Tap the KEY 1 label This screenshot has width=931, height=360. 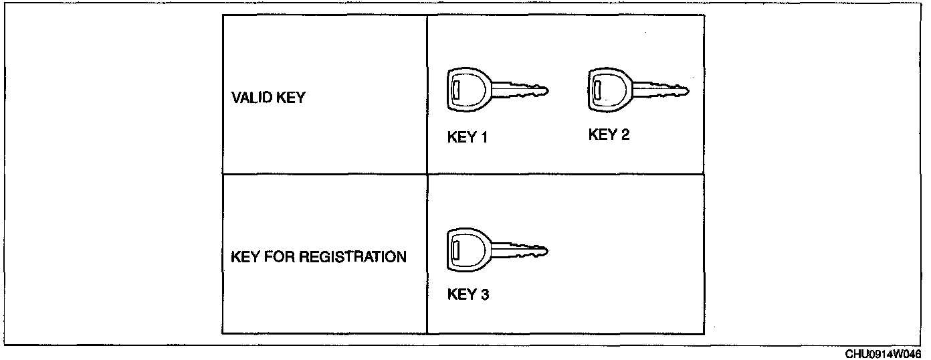[x=468, y=139]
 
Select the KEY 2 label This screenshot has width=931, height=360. [x=609, y=135]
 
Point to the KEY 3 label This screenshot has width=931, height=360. [x=468, y=294]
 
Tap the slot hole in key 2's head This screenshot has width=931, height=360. [x=597, y=89]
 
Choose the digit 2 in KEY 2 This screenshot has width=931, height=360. [x=625, y=135]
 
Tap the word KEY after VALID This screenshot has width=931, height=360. [x=290, y=98]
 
